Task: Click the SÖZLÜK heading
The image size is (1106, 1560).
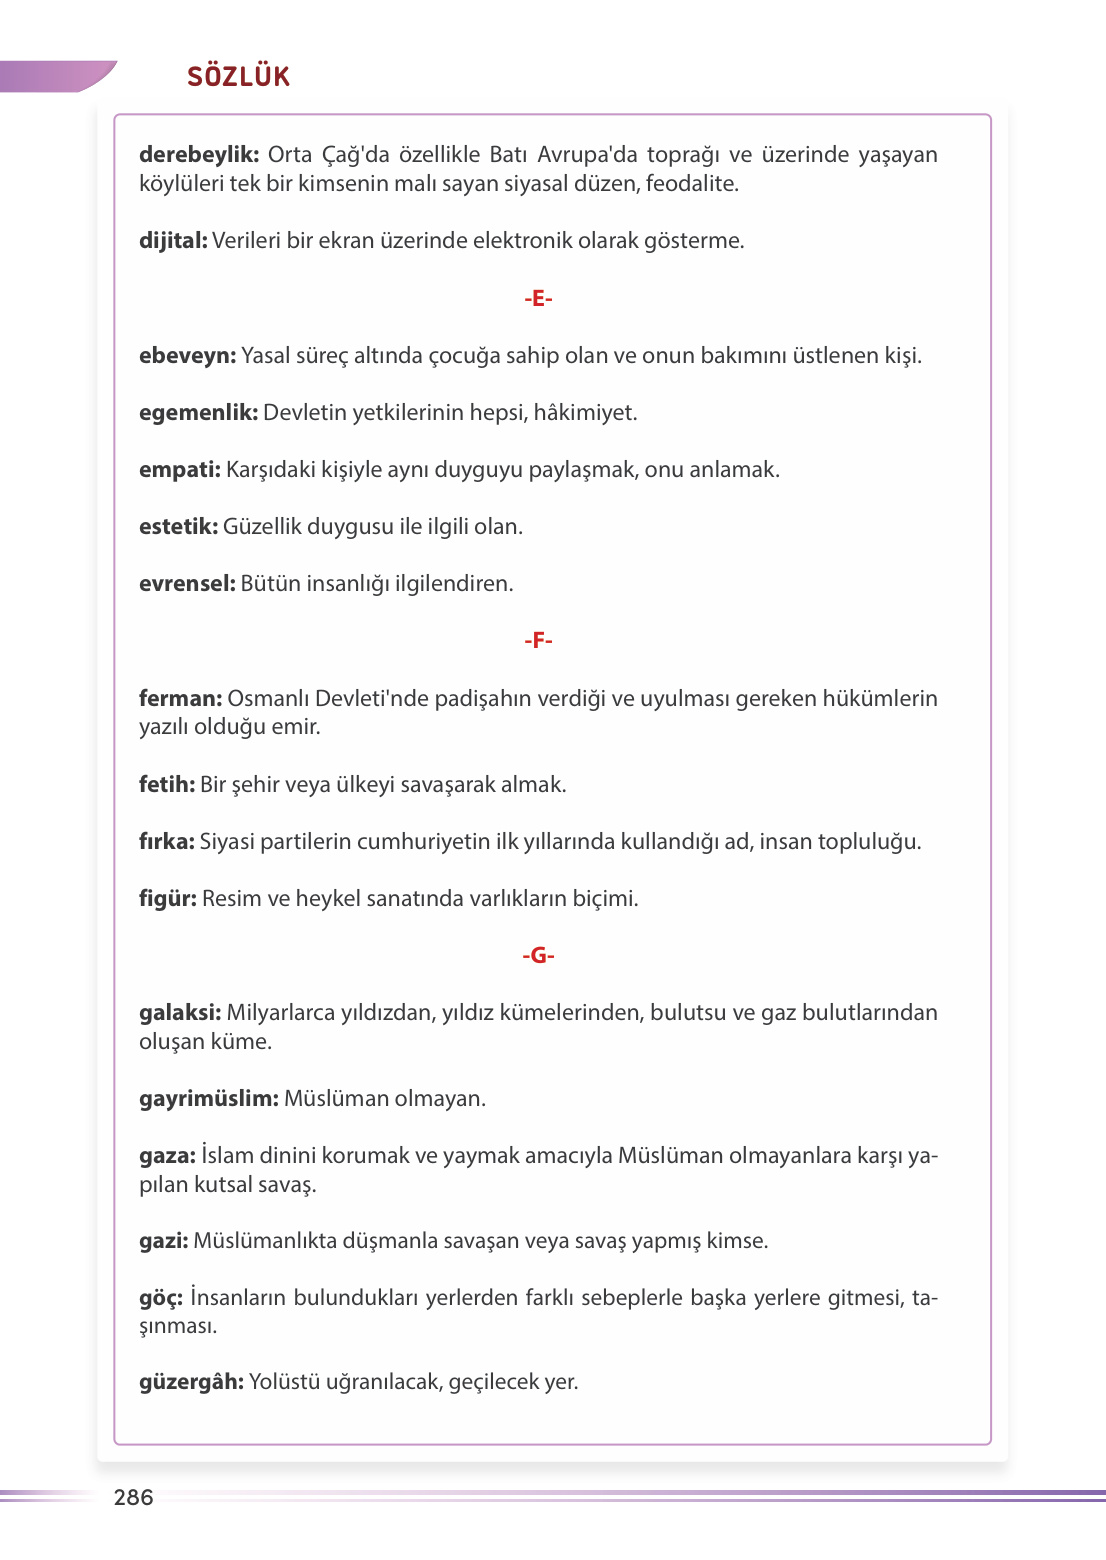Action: [x=238, y=77]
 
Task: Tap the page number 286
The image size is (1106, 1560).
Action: [x=133, y=1497]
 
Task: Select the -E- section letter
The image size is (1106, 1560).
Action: [x=538, y=298]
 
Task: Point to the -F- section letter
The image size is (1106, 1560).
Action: [x=538, y=640]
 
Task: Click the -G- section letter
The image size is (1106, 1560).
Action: [x=538, y=956]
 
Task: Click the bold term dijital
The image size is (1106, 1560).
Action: [x=173, y=241]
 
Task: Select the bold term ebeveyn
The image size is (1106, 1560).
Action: [x=187, y=356]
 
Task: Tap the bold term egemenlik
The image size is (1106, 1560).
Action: [x=198, y=413]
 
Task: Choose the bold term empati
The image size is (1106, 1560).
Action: [x=179, y=470]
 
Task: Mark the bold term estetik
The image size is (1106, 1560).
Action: [x=178, y=527]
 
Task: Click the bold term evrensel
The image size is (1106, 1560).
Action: [x=187, y=584]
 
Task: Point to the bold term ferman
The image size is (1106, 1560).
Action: [x=180, y=699]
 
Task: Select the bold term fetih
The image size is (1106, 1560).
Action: [x=167, y=785]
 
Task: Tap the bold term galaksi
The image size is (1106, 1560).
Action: [x=180, y=1013]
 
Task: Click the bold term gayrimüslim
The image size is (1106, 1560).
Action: [x=208, y=1099]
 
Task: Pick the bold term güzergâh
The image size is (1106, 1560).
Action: [x=191, y=1382]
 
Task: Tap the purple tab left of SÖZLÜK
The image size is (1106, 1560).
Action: [x=55, y=77]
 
